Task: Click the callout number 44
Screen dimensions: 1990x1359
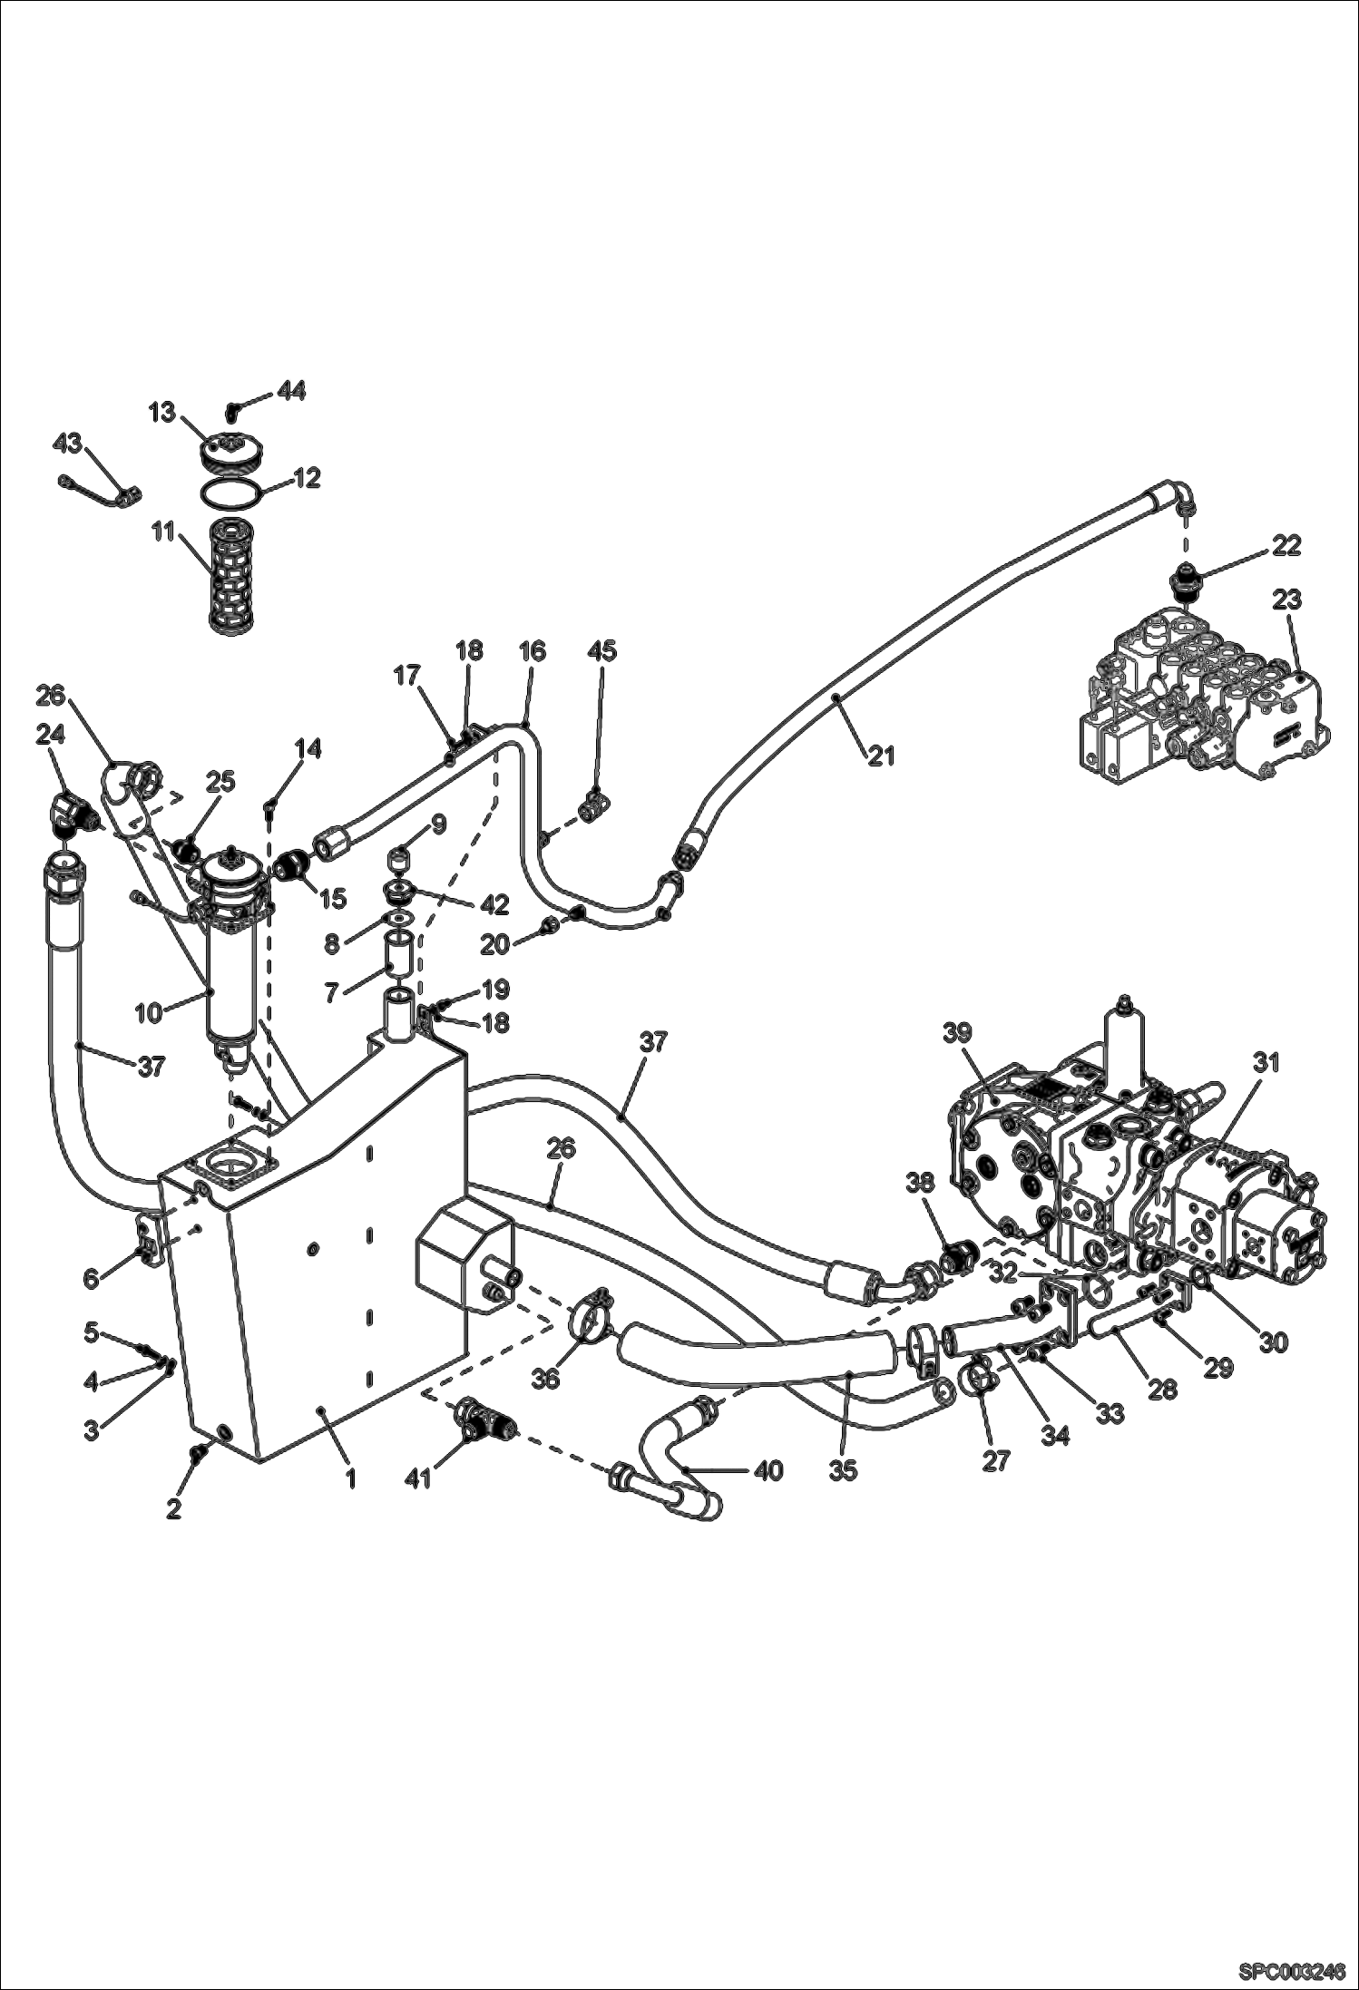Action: [290, 391]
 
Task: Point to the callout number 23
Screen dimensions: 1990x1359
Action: [1286, 600]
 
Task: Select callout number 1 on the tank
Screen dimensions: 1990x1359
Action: [351, 1479]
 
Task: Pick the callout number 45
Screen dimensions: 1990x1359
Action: [601, 650]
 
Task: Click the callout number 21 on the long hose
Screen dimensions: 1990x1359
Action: [881, 754]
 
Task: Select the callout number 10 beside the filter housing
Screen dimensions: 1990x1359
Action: [149, 1012]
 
